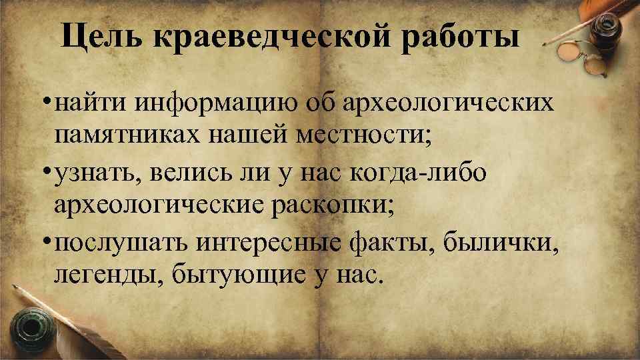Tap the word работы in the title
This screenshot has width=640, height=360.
pyautogui.click(x=461, y=37)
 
